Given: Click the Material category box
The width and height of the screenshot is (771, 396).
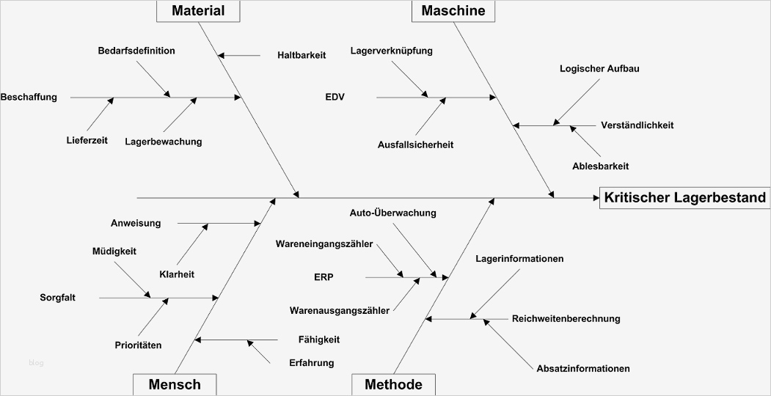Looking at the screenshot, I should pyautogui.click(x=198, y=10).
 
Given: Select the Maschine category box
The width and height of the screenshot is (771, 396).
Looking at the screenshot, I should pyautogui.click(x=453, y=10).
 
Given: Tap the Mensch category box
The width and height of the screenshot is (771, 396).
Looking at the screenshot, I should pyautogui.click(x=174, y=384).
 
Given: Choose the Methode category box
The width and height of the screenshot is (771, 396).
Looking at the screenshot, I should pyautogui.click(x=393, y=384).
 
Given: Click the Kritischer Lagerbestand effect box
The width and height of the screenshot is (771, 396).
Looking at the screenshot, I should pyautogui.click(x=684, y=197).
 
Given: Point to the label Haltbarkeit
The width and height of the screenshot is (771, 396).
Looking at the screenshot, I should pyautogui.click(x=302, y=55).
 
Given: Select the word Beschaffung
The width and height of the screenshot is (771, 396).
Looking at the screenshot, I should pyautogui.click(x=29, y=97).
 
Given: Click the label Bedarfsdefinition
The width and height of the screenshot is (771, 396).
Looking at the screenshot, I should pyautogui.click(x=136, y=51).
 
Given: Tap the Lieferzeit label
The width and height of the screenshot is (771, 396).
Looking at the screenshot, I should pyautogui.click(x=87, y=141).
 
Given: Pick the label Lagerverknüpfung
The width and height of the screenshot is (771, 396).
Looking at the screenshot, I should pyautogui.click(x=391, y=51).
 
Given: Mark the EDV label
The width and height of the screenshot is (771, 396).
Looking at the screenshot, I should pyautogui.click(x=335, y=97).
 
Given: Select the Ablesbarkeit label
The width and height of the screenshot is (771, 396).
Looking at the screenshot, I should pyautogui.click(x=600, y=166).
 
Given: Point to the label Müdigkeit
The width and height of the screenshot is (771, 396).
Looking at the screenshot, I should pyautogui.click(x=114, y=251).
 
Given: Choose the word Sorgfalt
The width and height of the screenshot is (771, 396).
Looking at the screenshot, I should pyautogui.click(x=58, y=298).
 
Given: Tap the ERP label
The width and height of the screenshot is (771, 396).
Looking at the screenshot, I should pyautogui.click(x=324, y=277).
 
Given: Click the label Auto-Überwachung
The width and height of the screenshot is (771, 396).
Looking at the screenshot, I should pyautogui.click(x=392, y=213).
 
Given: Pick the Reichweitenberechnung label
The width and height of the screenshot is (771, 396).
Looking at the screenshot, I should pyautogui.click(x=566, y=318).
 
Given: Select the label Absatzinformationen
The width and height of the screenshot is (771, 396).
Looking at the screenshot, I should pyautogui.click(x=583, y=368).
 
